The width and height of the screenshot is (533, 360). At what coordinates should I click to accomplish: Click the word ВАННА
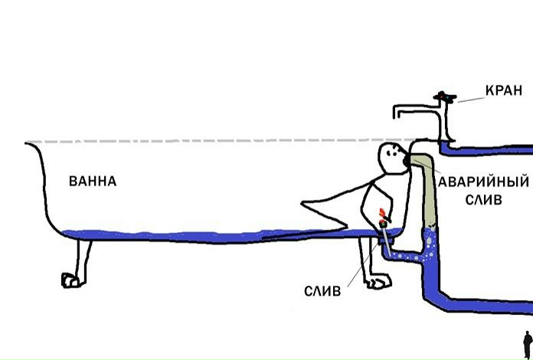click(93, 182)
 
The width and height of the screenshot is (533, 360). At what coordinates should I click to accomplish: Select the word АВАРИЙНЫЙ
click(483, 183)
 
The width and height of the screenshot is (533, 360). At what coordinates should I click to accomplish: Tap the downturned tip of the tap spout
click(397, 114)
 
